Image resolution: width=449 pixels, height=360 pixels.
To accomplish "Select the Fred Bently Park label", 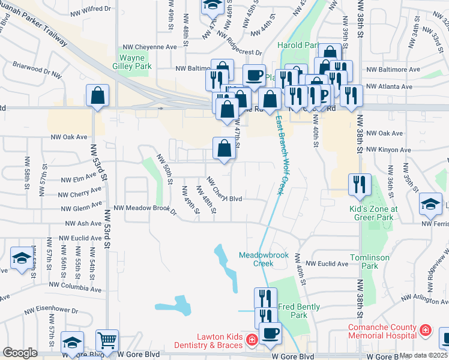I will tap(290, 310).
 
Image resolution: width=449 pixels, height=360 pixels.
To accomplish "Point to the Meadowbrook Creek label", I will tap(264, 259).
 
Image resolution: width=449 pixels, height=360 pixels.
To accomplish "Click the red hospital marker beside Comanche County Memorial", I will tap(425, 329).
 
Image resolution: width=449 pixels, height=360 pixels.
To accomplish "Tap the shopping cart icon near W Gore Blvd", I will tap(107, 340).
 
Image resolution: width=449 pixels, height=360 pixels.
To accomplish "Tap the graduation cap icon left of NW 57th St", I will tap(21, 259).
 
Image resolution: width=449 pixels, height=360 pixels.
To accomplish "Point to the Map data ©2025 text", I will tap(424, 355).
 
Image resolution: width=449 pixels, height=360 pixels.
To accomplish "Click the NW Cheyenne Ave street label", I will tap(149, 46).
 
